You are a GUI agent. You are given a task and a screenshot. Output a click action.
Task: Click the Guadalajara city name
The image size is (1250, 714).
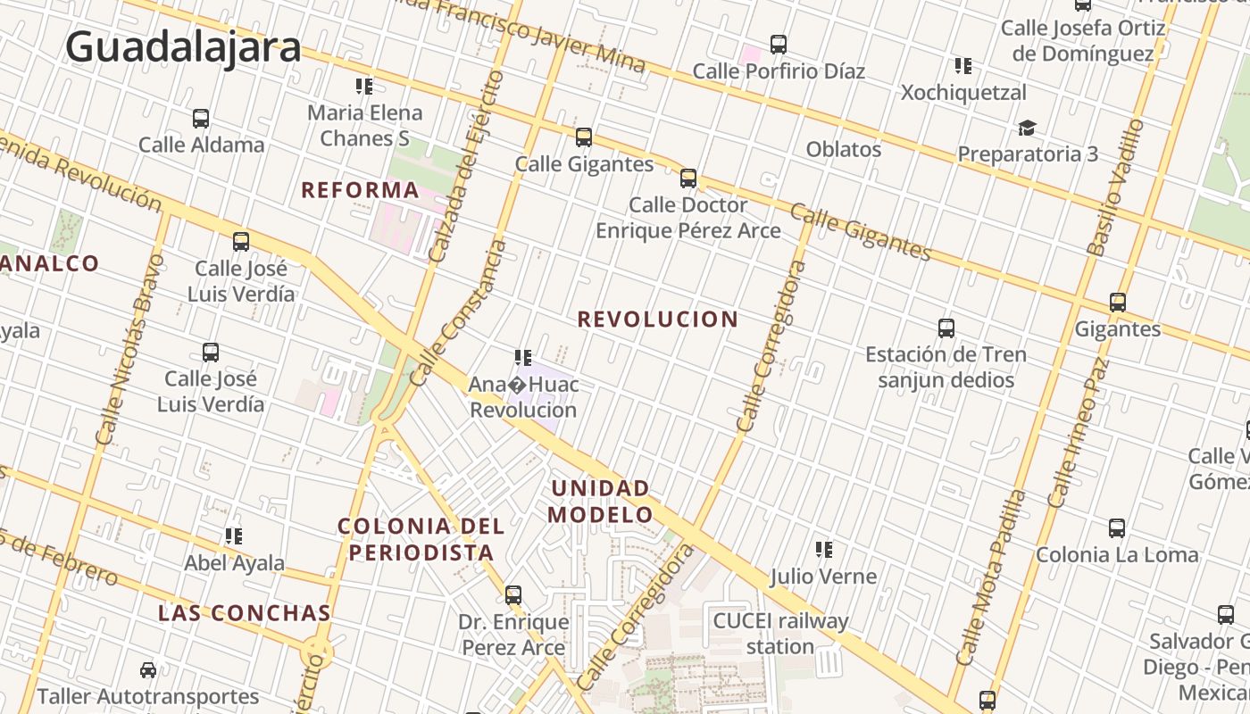click(x=183, y=46)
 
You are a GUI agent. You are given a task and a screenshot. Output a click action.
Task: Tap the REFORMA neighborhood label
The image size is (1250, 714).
click(x=360, y=190)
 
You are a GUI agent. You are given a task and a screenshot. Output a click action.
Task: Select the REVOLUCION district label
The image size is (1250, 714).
click(x=658, y=320)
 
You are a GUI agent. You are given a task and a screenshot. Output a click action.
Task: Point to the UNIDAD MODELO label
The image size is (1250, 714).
click(x=600, y=502)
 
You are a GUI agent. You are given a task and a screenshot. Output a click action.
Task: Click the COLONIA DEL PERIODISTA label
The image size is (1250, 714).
click(x=421, y=539)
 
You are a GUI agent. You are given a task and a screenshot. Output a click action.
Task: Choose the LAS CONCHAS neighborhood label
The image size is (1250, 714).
click(x=245, y=613)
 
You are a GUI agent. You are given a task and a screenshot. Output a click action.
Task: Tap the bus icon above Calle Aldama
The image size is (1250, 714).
click(x=201, y=119)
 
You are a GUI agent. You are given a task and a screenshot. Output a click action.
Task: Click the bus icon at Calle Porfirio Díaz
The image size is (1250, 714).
click(x=779, y=45)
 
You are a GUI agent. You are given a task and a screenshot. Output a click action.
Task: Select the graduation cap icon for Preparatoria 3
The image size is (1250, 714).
click(x=1028, y=129)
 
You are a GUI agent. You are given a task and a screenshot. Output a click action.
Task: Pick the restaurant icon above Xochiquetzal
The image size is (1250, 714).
click(x=962, y=66)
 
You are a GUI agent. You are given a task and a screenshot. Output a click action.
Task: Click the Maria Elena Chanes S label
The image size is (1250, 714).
click(x=364, y=125)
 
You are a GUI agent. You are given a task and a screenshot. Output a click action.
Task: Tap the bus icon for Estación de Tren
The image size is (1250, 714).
click(x=946, y=328)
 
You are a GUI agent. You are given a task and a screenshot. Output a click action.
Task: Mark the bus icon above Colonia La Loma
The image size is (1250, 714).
click(x=1117, y=528)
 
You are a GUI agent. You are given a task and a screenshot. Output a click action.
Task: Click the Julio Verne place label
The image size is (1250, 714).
click(x=823, y=577)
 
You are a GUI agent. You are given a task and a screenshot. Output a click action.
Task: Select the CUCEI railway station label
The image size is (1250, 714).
click(x=780, y=633)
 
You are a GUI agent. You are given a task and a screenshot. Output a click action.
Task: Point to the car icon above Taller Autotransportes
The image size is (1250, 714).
click(x=148, y=670)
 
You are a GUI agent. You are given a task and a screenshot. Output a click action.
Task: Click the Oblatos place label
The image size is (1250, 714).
click(x=844, y=149)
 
